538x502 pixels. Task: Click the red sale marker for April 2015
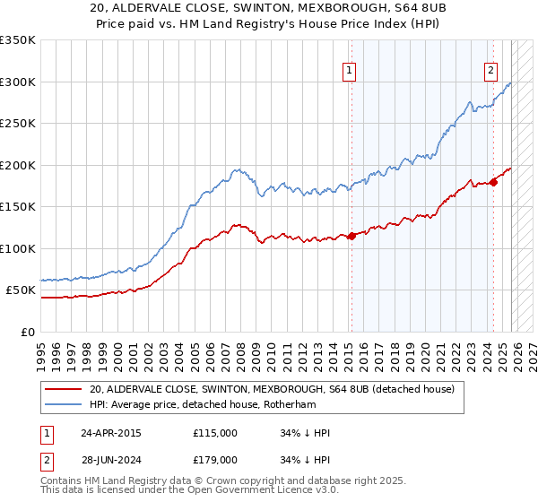click(351, 236)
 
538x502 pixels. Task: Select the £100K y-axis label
click(18, 248)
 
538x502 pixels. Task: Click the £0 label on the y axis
click(29, 332)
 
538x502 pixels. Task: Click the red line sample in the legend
click(63, 390)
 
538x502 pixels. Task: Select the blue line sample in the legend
click(63, 404)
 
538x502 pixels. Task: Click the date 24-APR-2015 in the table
click(110, 433)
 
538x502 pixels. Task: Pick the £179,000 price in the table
click(215, 459)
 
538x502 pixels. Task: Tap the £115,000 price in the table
click(215, 433)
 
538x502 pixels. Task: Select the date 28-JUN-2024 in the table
click(110, 459)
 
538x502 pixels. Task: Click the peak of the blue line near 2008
click(236, 169)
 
